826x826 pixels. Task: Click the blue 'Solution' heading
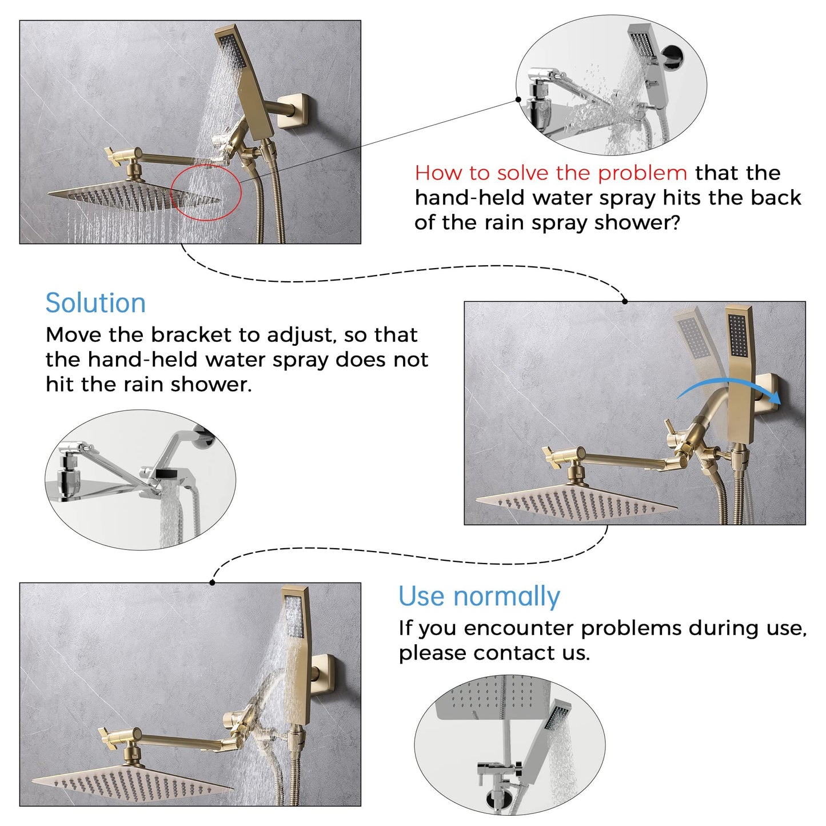point(95,303)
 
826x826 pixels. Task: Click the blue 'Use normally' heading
point(479,597)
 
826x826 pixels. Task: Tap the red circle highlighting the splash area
point(206,166)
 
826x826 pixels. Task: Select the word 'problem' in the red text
point(643,174)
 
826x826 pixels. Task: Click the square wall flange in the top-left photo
point(294,110)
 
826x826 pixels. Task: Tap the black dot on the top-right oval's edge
point(518,99)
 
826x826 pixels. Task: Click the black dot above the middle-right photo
point(625,301)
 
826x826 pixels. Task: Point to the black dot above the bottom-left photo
point(213,582)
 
